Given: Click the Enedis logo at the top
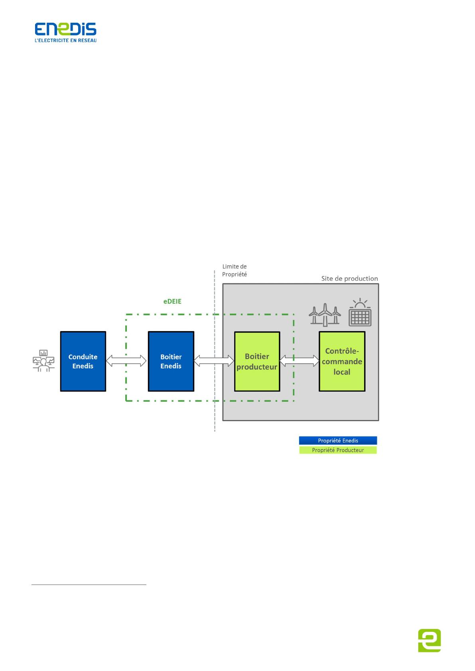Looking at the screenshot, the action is [x=65, y=32].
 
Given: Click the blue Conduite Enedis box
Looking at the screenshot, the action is [x=83, y=361].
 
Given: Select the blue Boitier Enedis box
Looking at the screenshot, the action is [x=171, y=361].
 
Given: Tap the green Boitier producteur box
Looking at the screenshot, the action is [x=257, y=361].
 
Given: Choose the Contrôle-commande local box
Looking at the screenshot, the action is [x=342, y=361].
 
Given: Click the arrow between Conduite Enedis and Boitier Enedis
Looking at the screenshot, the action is [x=126, y=361].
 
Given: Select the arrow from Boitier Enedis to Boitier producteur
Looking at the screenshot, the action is [x=214, y=361].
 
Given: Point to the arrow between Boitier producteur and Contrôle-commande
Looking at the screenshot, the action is [x=299, y=361].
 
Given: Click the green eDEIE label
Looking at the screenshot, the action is [x=172, y=301].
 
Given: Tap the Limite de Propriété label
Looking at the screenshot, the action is [x=235, y=270].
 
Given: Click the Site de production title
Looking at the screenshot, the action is [x=350, y=279].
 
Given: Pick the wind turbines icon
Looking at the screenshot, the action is [x=325, y=314].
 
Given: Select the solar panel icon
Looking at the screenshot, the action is [x=360, y=312].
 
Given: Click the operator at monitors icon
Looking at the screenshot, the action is [x=43, y=361].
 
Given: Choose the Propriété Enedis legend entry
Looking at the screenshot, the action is [x=338, y=440].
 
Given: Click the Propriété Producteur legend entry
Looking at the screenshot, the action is [x=338, y=450].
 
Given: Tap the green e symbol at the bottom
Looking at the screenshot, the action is [x=430, y=640].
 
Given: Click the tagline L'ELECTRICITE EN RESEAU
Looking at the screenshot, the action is [x=66, y=40].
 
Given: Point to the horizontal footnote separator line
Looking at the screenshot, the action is [x=89, y=585].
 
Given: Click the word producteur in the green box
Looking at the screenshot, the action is [x=257, y=367].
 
